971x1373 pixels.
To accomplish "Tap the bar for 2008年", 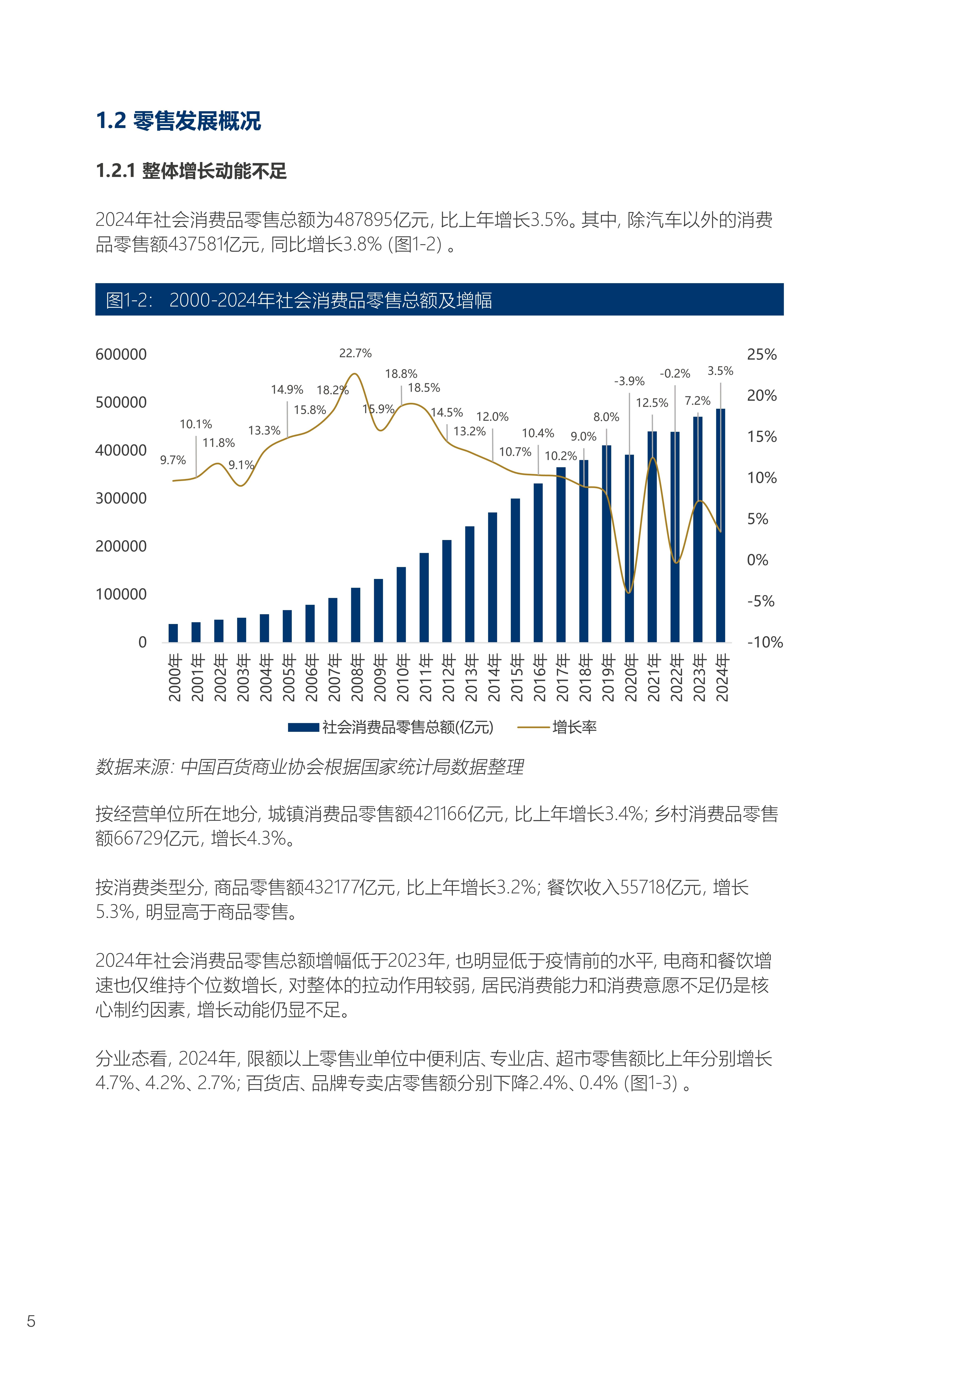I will pyautogui.click(x=355, y=615).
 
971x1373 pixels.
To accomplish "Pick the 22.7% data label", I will pyautogui.click(x=355, y=353).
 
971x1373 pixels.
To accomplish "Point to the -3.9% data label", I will pyautogui.click(x=629, y=381).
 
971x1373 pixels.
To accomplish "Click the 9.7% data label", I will pyautogui.click(x=173, y=460).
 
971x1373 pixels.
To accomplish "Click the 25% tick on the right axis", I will pyautogui.click(x=762, y=355).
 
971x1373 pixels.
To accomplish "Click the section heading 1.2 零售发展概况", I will pyautogui.click(x=178, y=121).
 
